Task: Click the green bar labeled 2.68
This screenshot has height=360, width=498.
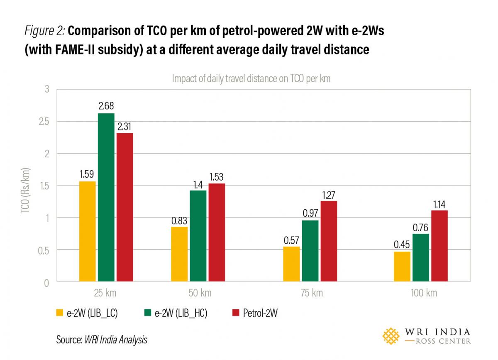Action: point(106,197)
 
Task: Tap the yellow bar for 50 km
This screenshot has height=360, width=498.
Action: point(179,254)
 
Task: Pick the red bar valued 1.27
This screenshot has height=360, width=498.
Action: point(328,241)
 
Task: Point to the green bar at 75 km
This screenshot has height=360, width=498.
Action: point(310,251)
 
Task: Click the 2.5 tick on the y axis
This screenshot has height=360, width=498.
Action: point(43,121)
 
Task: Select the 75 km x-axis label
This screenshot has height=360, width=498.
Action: point(311,293)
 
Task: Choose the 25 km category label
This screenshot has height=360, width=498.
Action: point(105,293)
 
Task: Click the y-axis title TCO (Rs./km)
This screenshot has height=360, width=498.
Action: point(24,186)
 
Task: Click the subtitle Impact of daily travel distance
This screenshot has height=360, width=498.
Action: point(251,78)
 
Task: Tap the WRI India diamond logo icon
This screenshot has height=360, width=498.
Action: point(391,336)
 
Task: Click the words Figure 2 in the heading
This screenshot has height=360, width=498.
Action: point(44,31)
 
